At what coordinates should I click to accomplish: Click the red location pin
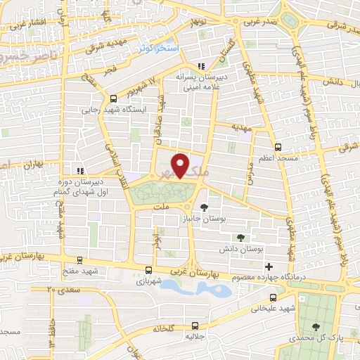(x=181, y=165)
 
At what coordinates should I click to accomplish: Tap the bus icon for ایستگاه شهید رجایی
(x=113, y=98)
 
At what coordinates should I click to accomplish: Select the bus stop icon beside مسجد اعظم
(x=278, y=148)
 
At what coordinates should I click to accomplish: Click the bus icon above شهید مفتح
(x=79, y=259)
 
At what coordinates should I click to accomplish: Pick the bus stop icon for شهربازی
(x=148, y=269)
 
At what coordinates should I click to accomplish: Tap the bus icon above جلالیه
(x=195, y=326)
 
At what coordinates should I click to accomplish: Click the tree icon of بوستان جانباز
(x=204, y=207)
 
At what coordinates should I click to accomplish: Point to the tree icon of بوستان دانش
(x=241, y=238)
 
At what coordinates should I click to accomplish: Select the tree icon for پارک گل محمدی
(x=315, y=326)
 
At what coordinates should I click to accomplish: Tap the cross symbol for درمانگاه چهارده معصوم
(x=269, y=266)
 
